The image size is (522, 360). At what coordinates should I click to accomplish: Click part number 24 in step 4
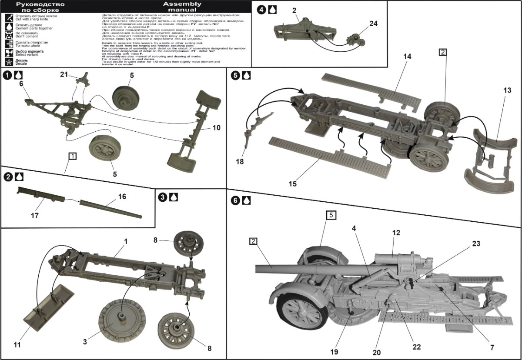373,24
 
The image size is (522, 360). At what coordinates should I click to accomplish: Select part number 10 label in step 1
216,128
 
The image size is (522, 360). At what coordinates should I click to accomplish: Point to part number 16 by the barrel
122,197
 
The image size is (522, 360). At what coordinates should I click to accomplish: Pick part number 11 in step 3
17,345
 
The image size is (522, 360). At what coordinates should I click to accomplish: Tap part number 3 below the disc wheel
85,343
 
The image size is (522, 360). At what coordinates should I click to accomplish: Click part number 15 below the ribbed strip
293,183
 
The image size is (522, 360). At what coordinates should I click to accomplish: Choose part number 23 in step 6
476,244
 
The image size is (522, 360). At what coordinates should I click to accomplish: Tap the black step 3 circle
162,197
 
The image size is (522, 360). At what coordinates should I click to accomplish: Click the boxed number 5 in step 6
331,215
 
